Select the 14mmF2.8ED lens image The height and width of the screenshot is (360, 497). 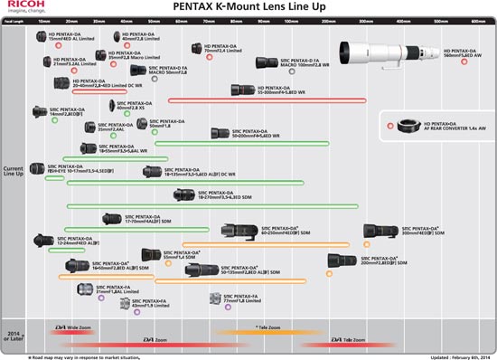39,115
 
